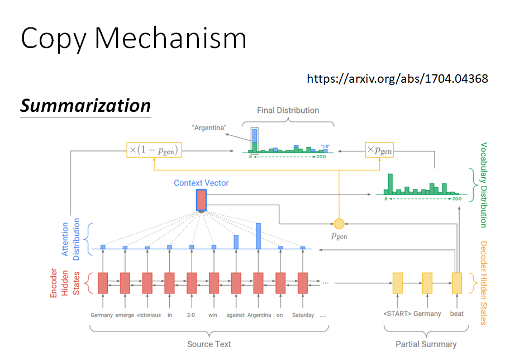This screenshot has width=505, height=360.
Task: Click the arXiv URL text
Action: [397, 78]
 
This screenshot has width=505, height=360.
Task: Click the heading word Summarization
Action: [85, 106]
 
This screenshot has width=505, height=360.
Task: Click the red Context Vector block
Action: [201, 200]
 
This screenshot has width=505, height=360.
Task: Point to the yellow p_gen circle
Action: [338, 223]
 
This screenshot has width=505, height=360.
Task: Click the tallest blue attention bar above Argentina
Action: [258, 236]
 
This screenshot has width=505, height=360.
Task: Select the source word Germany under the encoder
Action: [102, 315]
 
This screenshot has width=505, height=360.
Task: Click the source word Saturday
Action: [303, 315]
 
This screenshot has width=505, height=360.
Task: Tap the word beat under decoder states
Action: [457, 314]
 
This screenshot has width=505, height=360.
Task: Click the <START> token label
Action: [397, 314]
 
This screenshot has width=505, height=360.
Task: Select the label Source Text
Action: [209, 344]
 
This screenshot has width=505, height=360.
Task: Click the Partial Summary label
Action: [426, 344]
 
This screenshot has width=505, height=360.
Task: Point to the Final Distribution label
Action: [288, 111]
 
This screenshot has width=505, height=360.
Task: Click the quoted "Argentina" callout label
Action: [209, 128]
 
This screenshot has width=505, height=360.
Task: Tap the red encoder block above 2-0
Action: [192, 282]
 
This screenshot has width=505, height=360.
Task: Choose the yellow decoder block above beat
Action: [457, 282]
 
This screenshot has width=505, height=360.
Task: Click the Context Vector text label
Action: [201, 183]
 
